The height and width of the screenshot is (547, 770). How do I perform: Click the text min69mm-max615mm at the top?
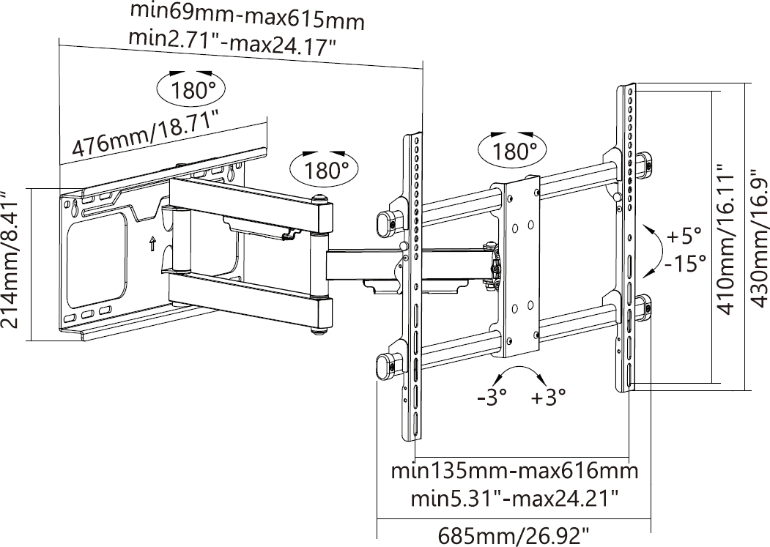(247, 16)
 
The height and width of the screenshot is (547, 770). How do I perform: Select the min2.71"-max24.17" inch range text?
(232, 42)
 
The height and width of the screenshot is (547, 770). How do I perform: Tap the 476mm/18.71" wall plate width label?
(146, 134)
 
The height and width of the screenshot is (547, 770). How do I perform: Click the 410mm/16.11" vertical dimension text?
(725, 239)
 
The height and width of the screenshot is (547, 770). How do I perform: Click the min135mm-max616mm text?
(514, 472)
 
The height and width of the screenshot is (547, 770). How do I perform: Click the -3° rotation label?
(492, 398)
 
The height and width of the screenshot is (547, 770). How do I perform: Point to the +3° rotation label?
(549, 398)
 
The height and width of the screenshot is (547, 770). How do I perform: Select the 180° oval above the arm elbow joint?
(325, 171)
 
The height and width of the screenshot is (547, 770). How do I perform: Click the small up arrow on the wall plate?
(152, 243)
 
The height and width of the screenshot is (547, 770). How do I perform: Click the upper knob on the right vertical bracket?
(644, 164)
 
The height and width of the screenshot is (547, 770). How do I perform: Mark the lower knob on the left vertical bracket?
(385, 364)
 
